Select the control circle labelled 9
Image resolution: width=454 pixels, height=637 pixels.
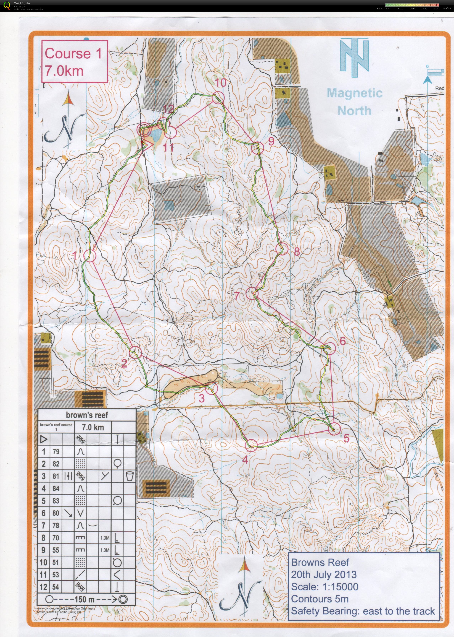click(x=257, y=148)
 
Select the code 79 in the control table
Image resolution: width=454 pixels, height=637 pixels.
click(x=56, y=451)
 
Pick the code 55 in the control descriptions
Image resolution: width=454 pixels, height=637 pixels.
click(x=56, y=550)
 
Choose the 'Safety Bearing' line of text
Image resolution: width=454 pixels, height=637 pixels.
click(x=363, y=611)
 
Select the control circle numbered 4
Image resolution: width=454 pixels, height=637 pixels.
click(x=251, y=444)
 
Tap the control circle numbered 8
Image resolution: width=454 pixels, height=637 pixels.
click(x=282, y=249)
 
